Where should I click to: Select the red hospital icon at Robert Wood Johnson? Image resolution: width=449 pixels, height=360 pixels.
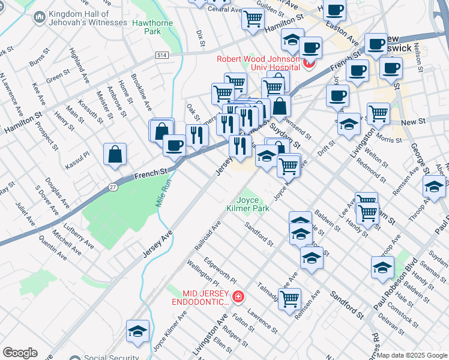(x=310, y=63)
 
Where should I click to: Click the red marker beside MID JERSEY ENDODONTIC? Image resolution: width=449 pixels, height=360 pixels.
(x=238, y=296)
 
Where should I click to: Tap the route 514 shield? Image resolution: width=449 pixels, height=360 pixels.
(x=161, y=55)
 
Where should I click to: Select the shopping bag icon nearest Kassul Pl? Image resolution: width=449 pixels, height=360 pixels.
(x=115, y=155)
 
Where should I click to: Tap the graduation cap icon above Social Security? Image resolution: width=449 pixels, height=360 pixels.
(x=137, y=331)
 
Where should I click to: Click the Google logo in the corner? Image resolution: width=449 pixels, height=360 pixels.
(x=20, y=353)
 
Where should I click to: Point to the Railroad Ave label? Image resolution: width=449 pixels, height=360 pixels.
(x=208, y=235)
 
